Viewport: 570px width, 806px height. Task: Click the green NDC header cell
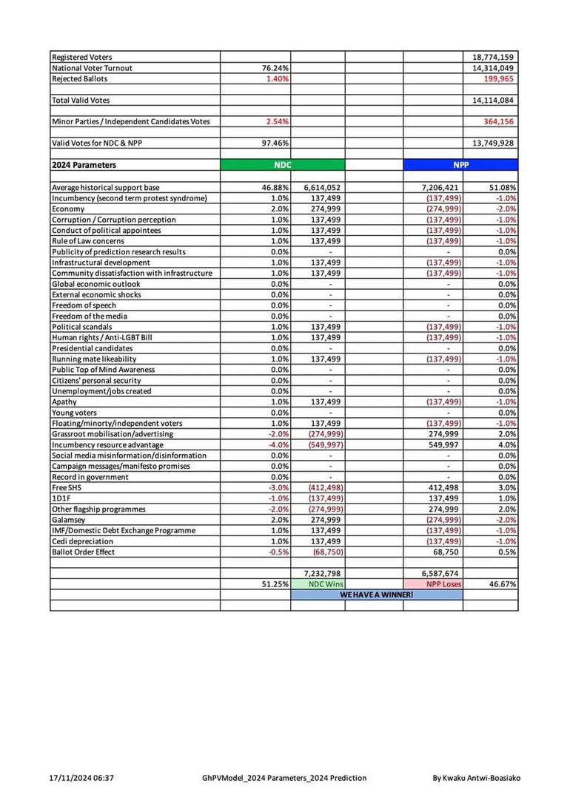(282, 166)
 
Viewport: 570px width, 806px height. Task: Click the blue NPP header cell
(460, 166)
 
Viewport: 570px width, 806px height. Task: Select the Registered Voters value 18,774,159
(494, 57)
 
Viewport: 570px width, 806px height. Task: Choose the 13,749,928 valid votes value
(494, 143)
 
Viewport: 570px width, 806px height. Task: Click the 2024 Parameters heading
(84, 166)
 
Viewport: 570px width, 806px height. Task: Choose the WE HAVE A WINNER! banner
(376, 595)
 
